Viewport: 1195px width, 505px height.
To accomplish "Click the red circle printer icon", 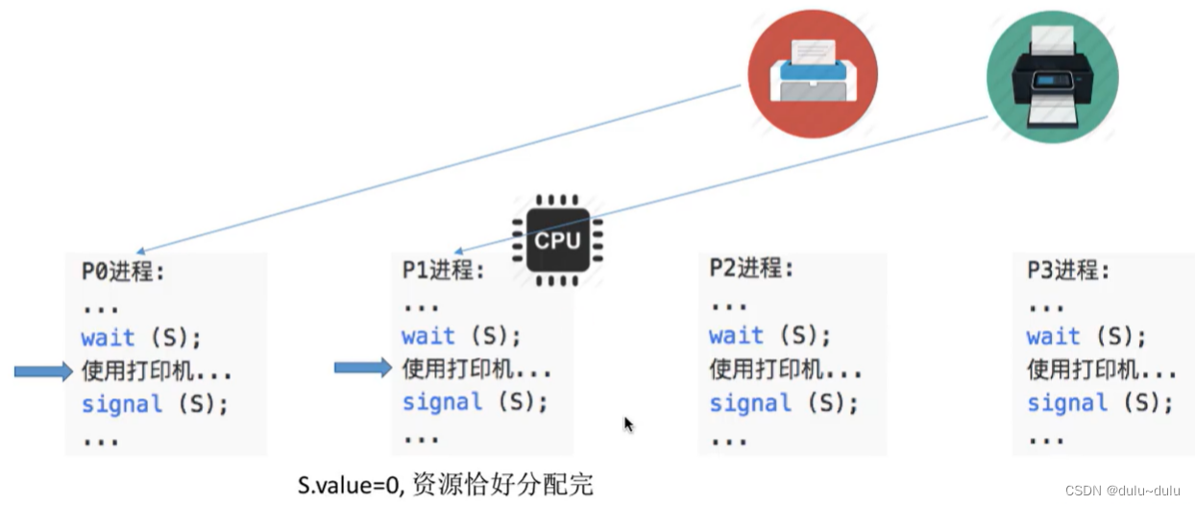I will click(x=812, y=75).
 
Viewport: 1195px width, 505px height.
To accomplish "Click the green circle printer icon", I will click(x=1052, y=77).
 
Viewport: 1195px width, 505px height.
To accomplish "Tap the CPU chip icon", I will click(x=557, y=240).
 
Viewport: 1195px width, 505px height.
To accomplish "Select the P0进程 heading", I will click(x=123, y=272).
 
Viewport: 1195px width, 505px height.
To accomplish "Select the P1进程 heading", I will click(x=443, y=271).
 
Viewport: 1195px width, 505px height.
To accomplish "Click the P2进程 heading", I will click(x=752, y=269).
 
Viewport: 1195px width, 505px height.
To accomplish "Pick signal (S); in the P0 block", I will click(x=155, y=404).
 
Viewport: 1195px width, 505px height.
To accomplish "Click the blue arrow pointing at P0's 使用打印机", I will click(x=43, y=372).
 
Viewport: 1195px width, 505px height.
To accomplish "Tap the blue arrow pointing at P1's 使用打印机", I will click(x=363, y=367).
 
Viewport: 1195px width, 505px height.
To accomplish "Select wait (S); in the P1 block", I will click(x=461, y=336).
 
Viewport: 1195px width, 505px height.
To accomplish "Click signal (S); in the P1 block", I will click(x=475, y=401).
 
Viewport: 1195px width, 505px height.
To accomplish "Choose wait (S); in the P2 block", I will click(x=769, y=335).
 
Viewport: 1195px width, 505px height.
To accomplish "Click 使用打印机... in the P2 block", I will click(x=785, y=369).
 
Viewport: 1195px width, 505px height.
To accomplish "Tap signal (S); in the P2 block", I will click(x=783, y=402).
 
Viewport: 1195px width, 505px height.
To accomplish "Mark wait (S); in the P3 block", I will click(x=1086, y=336).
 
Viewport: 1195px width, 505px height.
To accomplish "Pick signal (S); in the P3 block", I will click(x=1100, y=402).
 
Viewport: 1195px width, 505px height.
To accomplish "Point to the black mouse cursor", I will click(x=628, y=424).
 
